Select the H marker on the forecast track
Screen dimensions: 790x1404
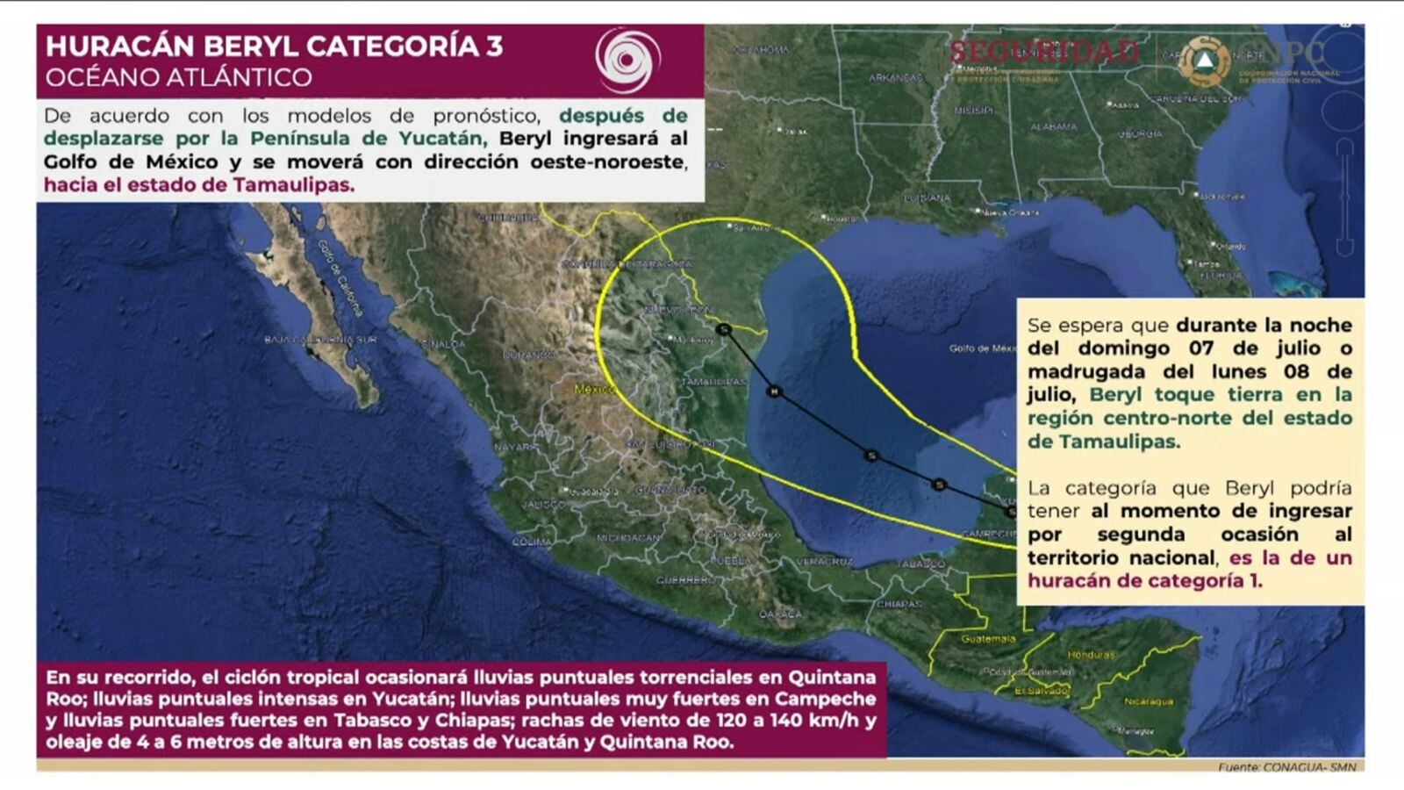point(774,391)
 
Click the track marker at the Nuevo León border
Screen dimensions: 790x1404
point(724,329)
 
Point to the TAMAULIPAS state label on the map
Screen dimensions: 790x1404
point(713,382)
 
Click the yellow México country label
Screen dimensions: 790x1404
point(594,389)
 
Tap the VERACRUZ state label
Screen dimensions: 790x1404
point(824,561)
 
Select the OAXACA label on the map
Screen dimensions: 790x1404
point(780,614)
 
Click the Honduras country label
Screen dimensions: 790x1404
point(1091,655)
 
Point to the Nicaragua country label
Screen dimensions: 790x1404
point(1149,701)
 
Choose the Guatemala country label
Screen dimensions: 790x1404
point(988,639)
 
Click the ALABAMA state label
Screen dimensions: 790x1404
point(1053,126)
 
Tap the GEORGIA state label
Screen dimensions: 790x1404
point(1140,134)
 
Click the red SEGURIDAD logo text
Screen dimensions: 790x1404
point(1043,52)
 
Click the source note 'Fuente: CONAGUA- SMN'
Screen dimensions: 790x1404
point(1286,767)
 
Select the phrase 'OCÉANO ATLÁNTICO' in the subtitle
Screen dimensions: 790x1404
point(178,77)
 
